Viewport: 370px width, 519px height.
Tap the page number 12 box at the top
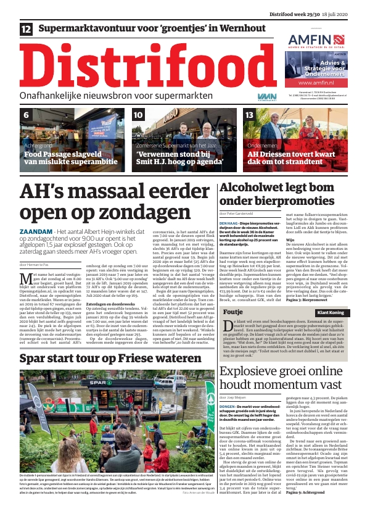pyautogui.click(x=27, y=29)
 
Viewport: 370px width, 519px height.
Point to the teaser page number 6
pyautogui.click(x=27, y=115)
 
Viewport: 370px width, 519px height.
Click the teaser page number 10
pyautogui.click(x=138, y=115)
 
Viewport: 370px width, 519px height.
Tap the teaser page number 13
pyautogui.click(x=249, y=115)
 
